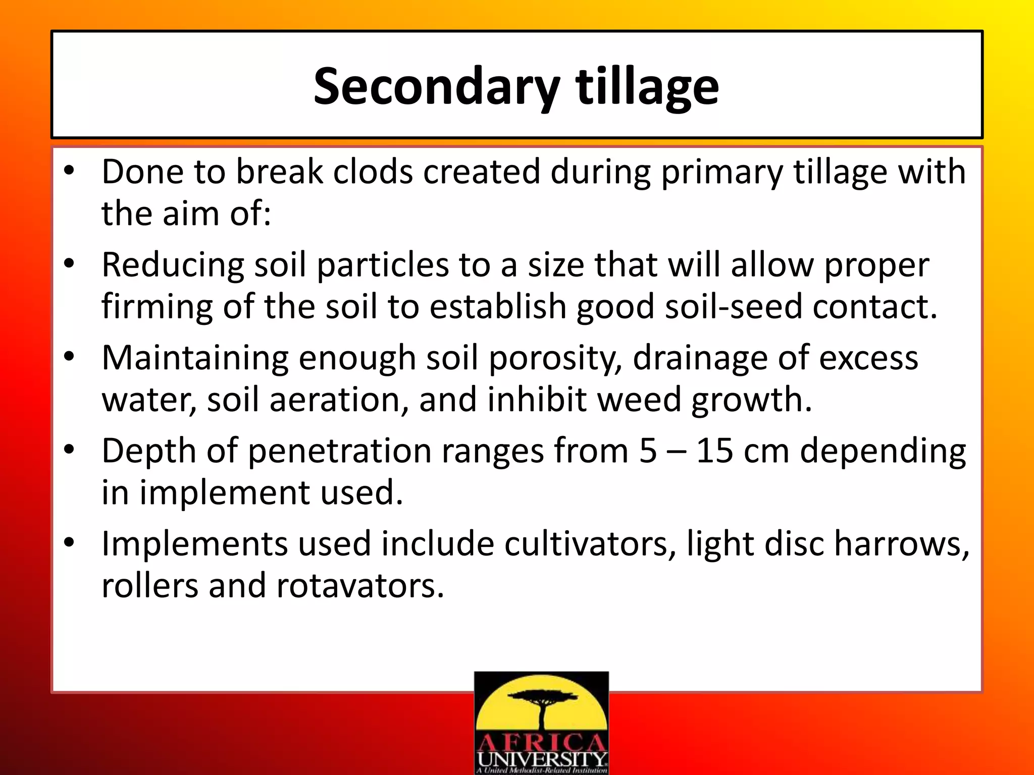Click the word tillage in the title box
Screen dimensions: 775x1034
647,87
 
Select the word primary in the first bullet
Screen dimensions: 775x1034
722,172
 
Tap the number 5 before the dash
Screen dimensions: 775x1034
648,451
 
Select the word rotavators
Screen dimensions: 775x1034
360,586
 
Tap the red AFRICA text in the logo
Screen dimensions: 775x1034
541,743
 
